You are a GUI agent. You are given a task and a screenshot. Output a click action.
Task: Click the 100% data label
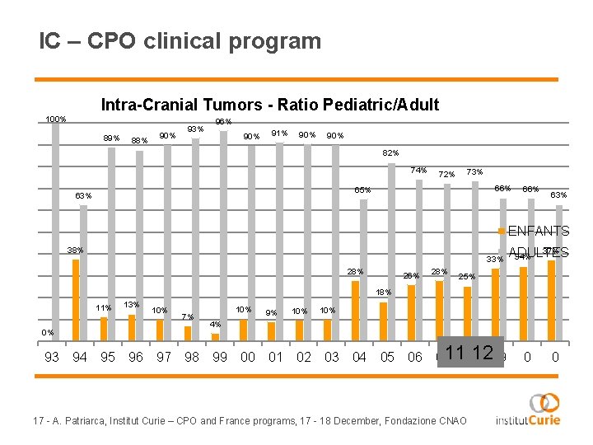click(56, 119)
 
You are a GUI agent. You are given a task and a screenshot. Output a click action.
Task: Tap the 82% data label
click(390, 153)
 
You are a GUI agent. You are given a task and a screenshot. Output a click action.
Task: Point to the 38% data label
click(75, 251)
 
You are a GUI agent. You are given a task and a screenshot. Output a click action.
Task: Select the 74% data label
click(418, 171)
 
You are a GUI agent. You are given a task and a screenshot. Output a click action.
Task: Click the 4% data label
click(214, 324)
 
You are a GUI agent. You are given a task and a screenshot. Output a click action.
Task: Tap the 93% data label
click(195, 129)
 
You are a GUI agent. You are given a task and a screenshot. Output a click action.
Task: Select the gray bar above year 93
click(55, 231)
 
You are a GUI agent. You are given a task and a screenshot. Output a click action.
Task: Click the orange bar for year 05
click(383, 321)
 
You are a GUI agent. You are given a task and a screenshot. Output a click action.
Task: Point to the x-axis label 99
click(220, 357)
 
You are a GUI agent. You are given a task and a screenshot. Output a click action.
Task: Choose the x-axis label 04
click(359, 357)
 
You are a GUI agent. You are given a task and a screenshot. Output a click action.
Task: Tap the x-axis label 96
click(136, 357)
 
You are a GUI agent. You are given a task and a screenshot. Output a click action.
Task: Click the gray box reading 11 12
click(469, 353)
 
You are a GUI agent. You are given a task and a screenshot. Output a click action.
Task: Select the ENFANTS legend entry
click(537, 232)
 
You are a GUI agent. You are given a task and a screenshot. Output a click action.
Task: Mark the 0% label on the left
click(49, 333)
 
